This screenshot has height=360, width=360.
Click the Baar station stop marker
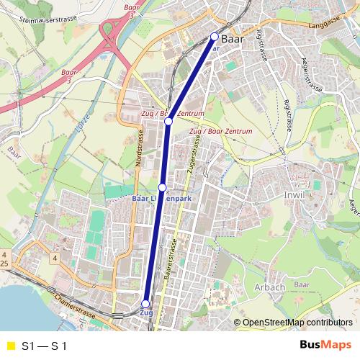(214, 36)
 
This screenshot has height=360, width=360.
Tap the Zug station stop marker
(146, 304)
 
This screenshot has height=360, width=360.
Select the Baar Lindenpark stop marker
(162, 187)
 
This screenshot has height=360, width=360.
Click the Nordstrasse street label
(139, 149)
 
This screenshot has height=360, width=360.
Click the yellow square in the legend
(10, 346)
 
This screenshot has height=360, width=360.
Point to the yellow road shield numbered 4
(53, 257)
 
